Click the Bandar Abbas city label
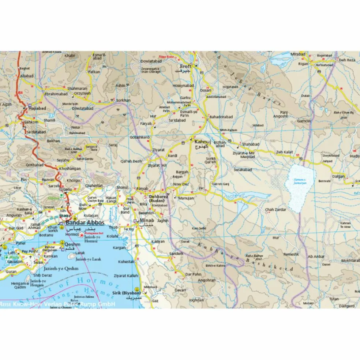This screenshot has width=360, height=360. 85,222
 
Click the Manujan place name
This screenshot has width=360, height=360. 186,198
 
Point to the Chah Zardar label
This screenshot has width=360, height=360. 274,210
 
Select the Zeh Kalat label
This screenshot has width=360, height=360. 285,152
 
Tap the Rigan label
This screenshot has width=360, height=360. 303,64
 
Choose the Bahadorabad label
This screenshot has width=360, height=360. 221,117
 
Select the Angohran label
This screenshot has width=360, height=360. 206,280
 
